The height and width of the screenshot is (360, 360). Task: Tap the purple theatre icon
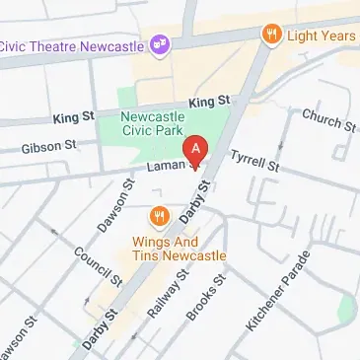(x=159, y=42)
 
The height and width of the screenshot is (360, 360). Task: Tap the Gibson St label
(x=50, y=148)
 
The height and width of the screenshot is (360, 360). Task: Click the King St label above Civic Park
(x=208, y=102)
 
